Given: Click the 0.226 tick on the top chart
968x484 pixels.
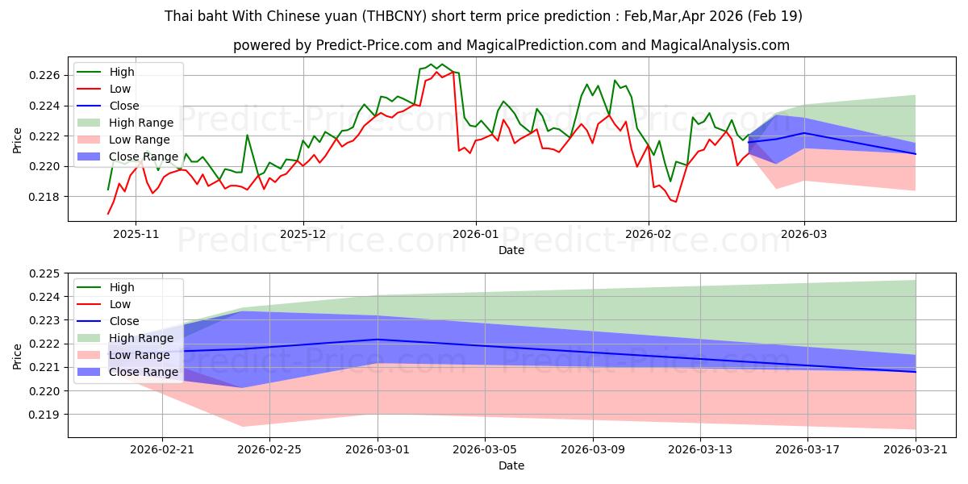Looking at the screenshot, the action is [44, 76].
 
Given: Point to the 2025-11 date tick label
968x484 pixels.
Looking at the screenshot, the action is [136, 234].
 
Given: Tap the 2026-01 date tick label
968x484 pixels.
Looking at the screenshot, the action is [476, 234].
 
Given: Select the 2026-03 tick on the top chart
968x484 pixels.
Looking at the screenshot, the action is [804, 234].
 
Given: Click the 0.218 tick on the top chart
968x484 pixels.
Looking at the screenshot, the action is [44, 197].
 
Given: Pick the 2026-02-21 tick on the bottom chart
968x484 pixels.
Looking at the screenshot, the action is [162, 450].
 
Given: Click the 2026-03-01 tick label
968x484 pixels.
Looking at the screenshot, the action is [378, 450].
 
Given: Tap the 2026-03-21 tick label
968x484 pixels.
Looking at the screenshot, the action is [916, 450].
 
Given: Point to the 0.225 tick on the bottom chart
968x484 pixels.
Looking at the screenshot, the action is [44, 273].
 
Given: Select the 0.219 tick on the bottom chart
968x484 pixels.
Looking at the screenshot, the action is [44, 415].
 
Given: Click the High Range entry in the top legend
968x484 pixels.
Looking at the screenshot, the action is [141, 123].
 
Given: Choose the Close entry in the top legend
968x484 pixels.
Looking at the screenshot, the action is [124, 106].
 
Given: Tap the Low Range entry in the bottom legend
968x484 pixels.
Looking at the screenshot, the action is [139, 355].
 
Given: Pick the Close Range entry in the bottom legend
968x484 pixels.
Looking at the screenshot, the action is [144, 372].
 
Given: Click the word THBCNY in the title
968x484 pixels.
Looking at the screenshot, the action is [394, 16].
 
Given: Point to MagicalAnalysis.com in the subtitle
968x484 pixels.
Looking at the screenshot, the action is [720, 45].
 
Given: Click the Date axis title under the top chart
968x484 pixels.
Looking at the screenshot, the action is [511, 250].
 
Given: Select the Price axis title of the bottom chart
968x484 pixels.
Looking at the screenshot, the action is [17, 357].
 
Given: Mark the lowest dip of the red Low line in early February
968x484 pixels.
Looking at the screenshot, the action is [676, 202].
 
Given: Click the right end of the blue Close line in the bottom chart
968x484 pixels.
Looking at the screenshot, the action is [916, 372].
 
